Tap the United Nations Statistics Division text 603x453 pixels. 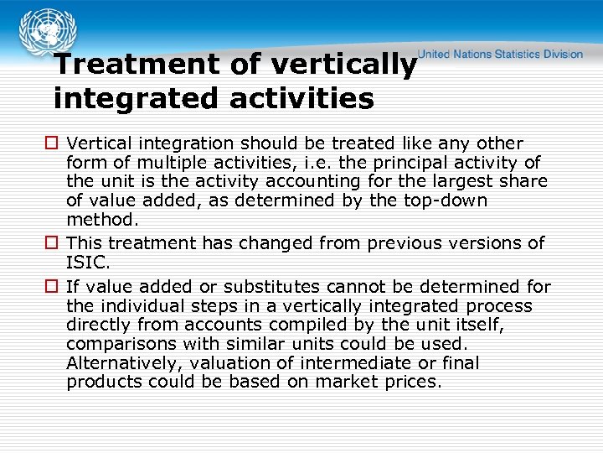(501, 54)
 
